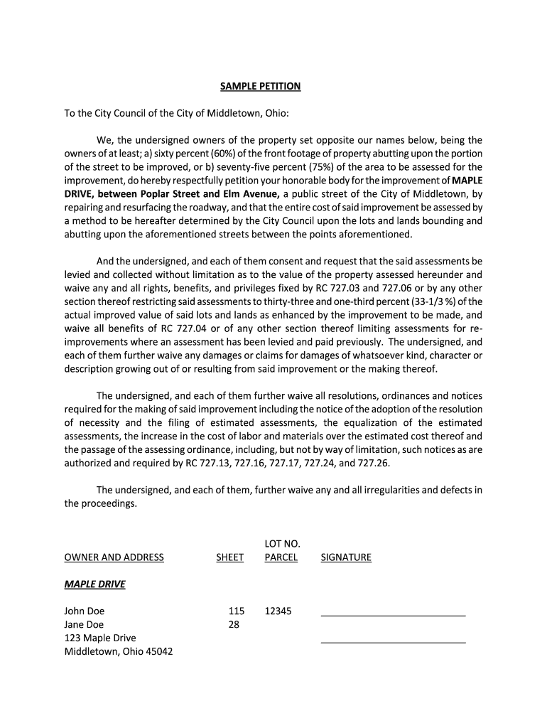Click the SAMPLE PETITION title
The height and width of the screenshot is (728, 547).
point(260,86)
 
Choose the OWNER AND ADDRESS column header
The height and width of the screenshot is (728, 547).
point(114,557)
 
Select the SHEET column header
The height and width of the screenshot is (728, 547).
point(229,557)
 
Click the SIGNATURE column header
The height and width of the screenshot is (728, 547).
point(346,557)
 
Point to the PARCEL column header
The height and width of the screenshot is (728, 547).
point(281,557)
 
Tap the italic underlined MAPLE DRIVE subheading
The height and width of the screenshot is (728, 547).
point(94,584)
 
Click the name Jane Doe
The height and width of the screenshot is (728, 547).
point(84,625)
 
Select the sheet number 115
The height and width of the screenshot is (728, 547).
point(237,611)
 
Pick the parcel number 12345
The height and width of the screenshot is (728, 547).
point(278,611)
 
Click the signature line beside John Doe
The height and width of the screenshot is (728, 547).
point(393,614)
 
